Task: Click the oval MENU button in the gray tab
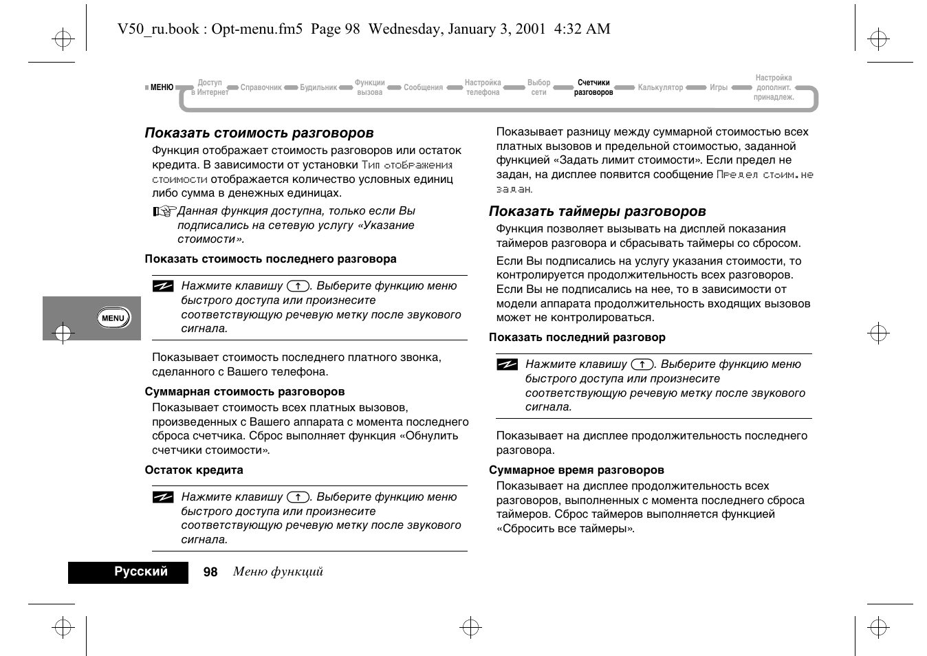click(x=113, y=318)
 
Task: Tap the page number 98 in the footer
click(x=210, y=572)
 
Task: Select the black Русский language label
click(x=141, y=572)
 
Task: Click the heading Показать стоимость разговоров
click(x=259, y=133)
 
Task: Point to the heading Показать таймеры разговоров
click(x=597, y=211)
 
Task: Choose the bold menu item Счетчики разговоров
click(x=593, y=87)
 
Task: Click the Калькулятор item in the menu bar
click(x=660, y=87)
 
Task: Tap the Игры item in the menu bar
click(x=719, y=87)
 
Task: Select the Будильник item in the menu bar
click(x=318, y=87)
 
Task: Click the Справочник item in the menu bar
click(x=261, y=87)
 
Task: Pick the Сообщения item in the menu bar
click(x=423, y=87)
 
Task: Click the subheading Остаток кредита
click(x=193, y=470)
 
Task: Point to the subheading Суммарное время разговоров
click(x=576, y=470)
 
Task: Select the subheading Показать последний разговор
click(x=577, y=338)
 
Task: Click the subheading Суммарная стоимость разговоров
click(x=244, y=392)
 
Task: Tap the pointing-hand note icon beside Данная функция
click(x=164, y=212)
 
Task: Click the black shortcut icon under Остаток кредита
click(x=163, y=497)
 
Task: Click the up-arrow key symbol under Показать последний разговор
click(x=642, y=364)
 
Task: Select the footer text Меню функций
click(x=278, y=572)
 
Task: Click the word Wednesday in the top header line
click(x=406, y=29)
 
